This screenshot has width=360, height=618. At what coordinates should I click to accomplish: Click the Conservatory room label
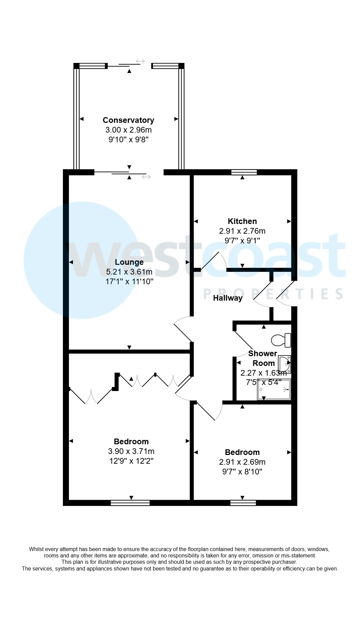(128, 120)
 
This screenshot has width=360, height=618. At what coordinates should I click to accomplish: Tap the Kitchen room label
(242, 221)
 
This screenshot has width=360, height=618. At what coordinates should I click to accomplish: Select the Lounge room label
(129, 262)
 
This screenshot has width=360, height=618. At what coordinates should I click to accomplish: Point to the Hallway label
(228, 298)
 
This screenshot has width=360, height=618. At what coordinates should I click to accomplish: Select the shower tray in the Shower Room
(274, 389)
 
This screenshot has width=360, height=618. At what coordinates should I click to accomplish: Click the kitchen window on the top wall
(244, 172)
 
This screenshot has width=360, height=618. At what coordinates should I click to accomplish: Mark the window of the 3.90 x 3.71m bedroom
(130, 503)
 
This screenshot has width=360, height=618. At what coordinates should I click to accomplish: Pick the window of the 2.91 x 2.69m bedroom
(243, 503)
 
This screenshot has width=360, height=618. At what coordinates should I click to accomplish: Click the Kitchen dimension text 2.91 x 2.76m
(242, 231)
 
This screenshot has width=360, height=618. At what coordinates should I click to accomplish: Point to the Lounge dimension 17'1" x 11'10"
(129, 282)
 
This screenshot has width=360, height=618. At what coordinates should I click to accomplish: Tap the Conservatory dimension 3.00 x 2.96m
(128, 130)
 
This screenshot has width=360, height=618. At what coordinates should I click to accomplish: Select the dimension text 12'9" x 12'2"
(131, 461)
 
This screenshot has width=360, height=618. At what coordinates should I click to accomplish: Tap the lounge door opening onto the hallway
(183, 330)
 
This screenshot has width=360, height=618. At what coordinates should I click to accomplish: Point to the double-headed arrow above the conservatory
(140, 61)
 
